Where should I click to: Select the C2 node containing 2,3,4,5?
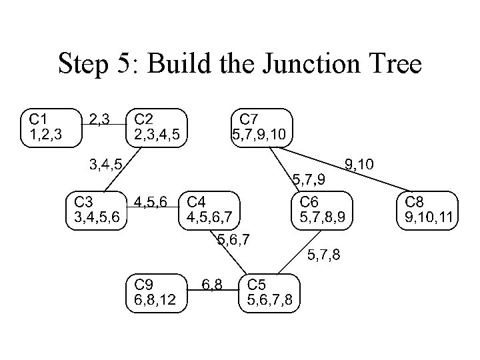click(x=157, y=127)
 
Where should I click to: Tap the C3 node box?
click(x=97, y=209)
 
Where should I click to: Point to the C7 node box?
click(x=259, y=127)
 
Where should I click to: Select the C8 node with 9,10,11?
click(x=429, y=209)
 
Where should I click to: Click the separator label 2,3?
click(x=99, y=120)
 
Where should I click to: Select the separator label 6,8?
click(x=213, y=285)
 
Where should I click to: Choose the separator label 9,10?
click(x=359, y=164)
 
